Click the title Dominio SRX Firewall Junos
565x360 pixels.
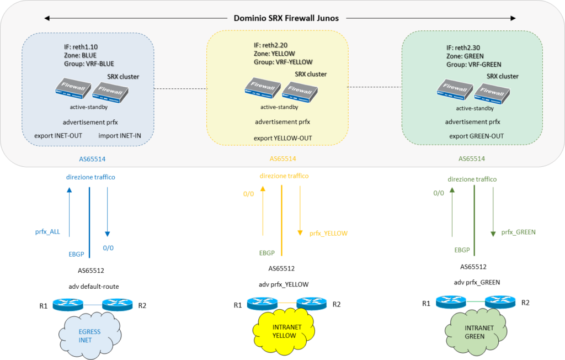click(286, 18)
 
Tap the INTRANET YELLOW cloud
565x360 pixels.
click(282, 330)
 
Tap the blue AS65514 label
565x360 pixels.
click(92, 159)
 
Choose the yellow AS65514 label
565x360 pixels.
click(282, 159)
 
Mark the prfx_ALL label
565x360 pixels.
click(47, 232)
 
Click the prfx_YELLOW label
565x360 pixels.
click(328, 234)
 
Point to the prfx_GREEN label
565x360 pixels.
click(518, 232)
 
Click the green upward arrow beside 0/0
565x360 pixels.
click(451, 210)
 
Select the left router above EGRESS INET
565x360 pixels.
click(67, 305)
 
